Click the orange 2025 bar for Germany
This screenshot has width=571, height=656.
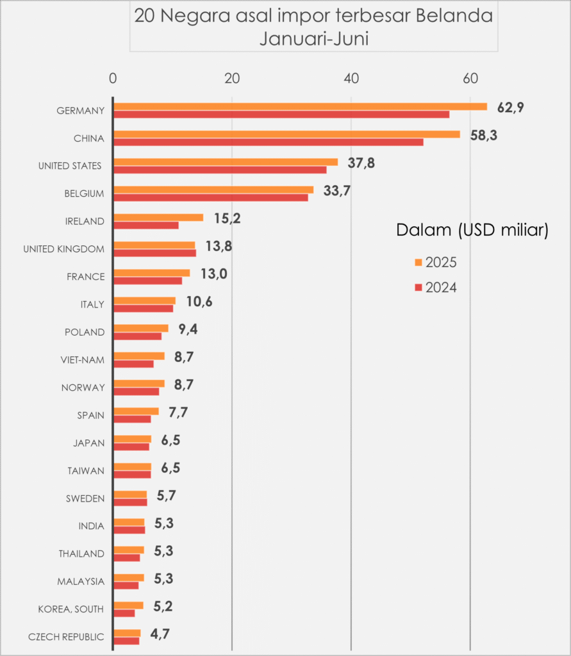pos(300,106)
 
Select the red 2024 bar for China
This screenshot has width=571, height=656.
pos(268,142)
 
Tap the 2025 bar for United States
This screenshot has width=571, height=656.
pos(226,161)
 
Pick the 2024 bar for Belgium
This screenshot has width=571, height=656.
pos(210,197)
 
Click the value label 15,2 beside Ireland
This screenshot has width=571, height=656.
pos(227,218)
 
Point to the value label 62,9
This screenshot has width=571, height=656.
pos(511,108)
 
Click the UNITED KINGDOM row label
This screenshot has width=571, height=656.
pos(63,249)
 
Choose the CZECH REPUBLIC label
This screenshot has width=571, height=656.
pos(66,637)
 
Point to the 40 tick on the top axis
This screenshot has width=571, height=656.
pos(351,79)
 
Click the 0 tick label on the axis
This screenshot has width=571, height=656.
pos(113,79)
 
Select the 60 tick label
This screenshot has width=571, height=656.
pos(470,79)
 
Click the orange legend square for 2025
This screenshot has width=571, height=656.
pos(418,262)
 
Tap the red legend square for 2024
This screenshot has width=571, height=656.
pos(418,288)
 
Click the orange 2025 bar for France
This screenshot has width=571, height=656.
pos(151,273)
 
